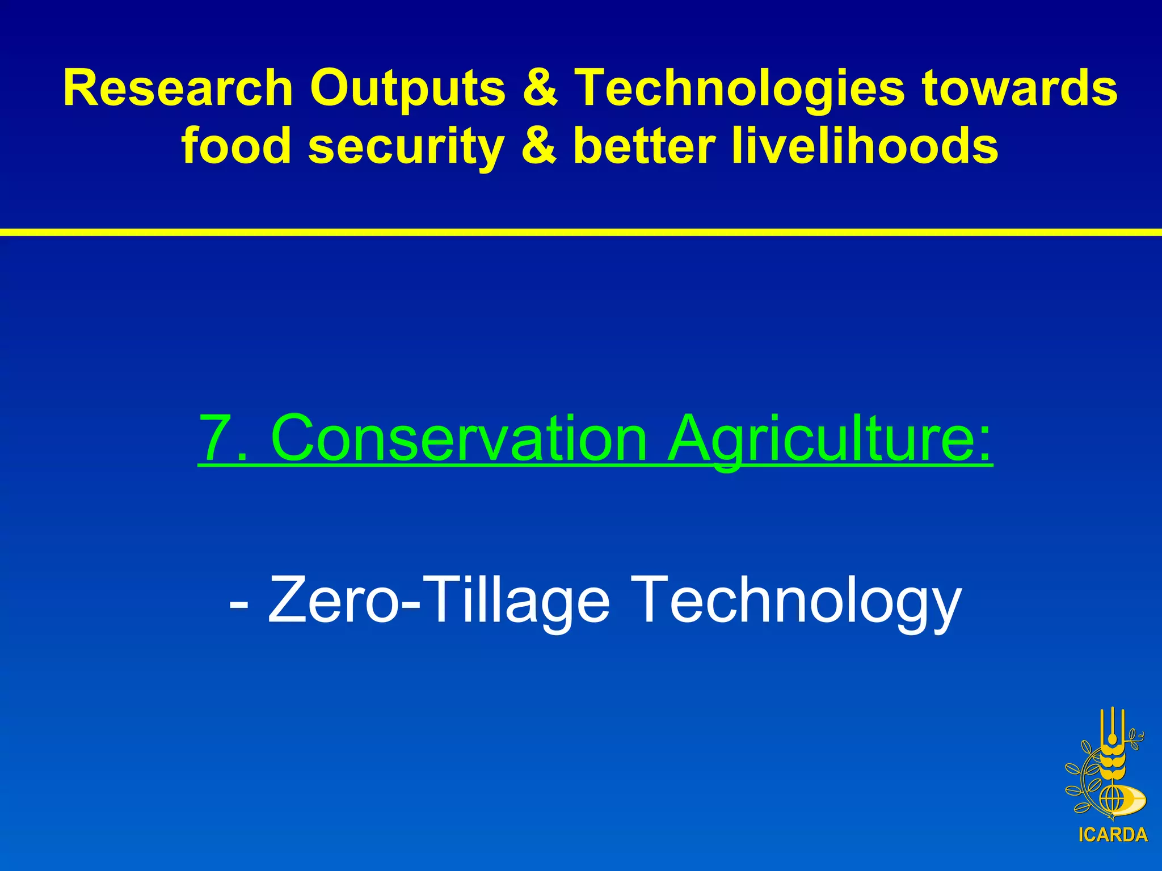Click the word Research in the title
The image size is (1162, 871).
coord(178,88)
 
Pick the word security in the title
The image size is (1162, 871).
coord(406,146)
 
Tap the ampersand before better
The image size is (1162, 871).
coord(538,146)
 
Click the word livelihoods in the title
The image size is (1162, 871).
coord(865,146)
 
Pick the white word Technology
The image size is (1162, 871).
coord(796,599)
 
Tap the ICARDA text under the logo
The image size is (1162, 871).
coord(1113,835)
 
